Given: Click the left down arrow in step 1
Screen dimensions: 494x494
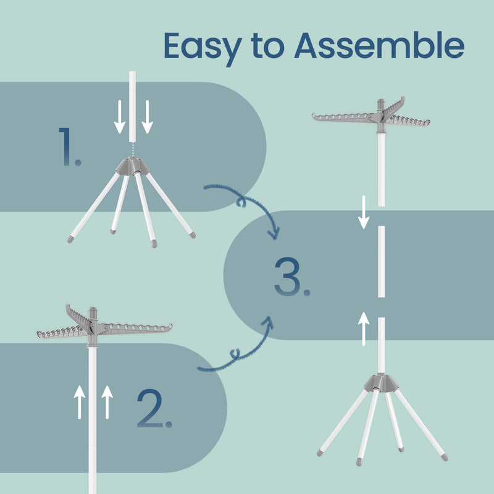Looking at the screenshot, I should pyautogui.click(x=120, y=117).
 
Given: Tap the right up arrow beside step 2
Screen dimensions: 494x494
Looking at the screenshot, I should pyautogui.click(x=107, y=401).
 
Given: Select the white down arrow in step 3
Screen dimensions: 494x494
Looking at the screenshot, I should pyautogui.click(x=364, y=211).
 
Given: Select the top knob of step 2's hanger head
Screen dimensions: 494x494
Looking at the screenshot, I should pyautogui.click(x=93, y=311).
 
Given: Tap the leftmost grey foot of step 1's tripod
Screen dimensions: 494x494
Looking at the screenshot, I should pyautogui.click(x=70, y=238).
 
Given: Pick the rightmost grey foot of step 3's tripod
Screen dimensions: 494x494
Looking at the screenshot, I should pyautogui.click(x=444, y=457).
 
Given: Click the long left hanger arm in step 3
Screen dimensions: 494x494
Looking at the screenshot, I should pyautogui.click(x=343, y=117).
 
